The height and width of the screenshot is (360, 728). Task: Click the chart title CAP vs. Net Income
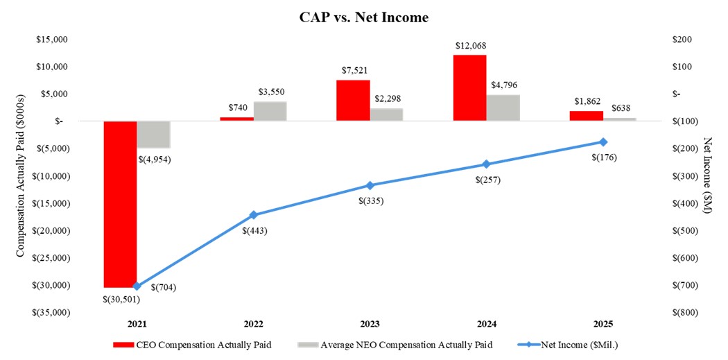365,18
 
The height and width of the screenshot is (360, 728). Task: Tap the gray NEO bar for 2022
270,111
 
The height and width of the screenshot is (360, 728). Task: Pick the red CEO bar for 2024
469,87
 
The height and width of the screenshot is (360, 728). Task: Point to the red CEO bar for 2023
353,101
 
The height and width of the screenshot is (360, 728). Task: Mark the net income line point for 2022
253,215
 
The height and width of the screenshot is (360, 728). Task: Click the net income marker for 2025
603,142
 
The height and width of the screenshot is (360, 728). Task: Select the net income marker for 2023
370,185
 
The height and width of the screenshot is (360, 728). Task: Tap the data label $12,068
469,46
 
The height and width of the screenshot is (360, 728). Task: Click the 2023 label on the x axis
370,324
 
